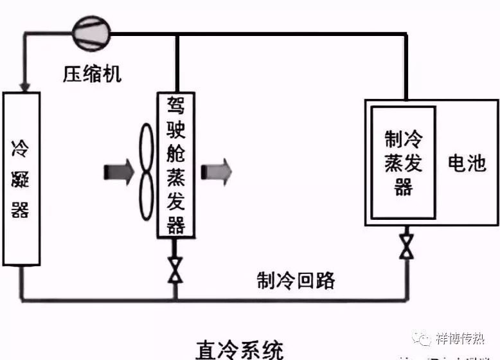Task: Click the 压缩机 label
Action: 92,74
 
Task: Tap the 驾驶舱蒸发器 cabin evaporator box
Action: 175,165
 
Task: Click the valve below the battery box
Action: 406,245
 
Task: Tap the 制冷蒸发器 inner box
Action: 404,163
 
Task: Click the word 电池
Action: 467,163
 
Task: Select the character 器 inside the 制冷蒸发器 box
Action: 404,187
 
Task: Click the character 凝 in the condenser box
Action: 21,180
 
